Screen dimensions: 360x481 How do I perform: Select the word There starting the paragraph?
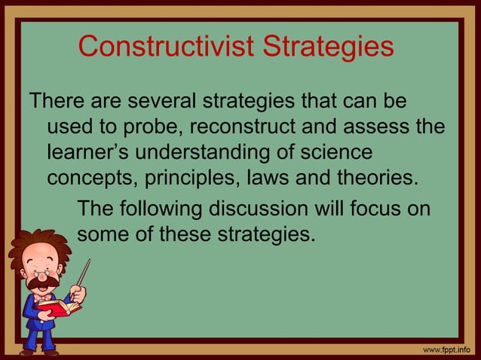pos(57,100)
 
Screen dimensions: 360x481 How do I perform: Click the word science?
pos(333,153)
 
